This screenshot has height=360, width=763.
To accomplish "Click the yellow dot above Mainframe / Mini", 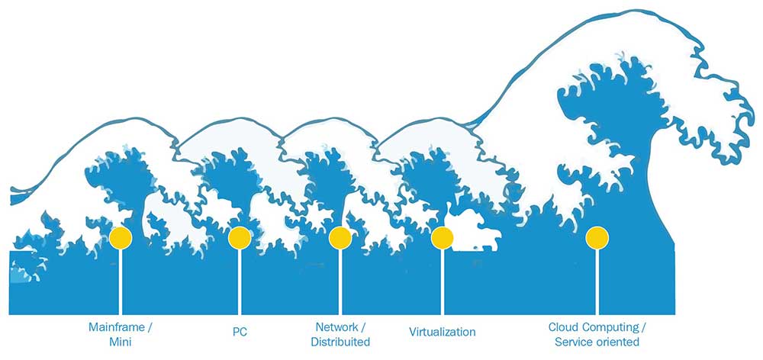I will click(121, 238).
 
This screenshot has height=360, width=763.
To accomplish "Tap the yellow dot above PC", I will click(240, 238).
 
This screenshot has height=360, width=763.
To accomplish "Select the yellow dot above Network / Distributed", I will click(340, 238).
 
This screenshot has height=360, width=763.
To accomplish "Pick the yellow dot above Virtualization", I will click(443, 238).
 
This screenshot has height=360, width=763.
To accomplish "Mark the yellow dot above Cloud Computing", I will click(597, 238).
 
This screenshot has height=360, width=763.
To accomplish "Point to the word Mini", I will click(121, 342).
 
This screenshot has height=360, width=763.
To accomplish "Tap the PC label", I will click(240, 333).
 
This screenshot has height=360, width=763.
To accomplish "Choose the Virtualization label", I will click(443, 333).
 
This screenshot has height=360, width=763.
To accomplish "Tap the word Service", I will click(573, 342).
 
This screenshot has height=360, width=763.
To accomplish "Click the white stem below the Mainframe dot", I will click(121, 282).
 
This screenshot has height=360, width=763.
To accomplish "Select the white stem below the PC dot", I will click(240, 282).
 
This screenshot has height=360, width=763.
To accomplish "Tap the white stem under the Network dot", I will click(340, 282).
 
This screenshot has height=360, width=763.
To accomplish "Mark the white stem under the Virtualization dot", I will click(443, 282).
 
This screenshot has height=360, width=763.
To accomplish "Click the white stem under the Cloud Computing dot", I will click(597, 282).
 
